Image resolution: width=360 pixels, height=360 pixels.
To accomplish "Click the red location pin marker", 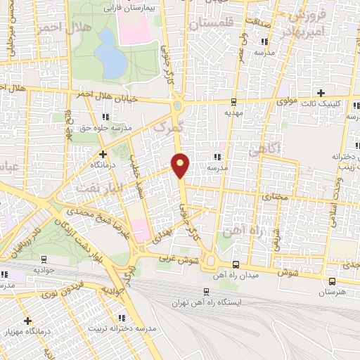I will coord(181,165).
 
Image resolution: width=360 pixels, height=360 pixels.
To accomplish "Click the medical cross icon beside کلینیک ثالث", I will coord(321,93).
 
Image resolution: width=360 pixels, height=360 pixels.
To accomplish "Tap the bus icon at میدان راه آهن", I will coord(234,264).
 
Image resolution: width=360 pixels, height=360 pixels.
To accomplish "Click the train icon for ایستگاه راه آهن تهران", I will coord(206,291).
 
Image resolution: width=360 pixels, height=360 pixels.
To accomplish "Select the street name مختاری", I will coord(275,199).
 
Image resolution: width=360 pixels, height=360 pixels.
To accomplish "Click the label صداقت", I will coord(257,22).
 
